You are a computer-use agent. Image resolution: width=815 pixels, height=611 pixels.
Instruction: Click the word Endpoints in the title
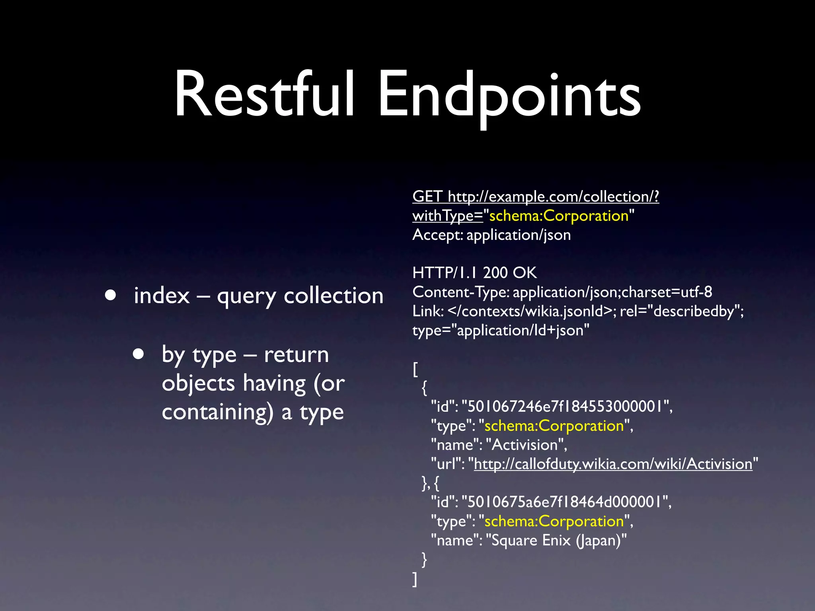coord(509,95)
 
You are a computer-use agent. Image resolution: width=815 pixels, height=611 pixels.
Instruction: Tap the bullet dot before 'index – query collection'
coord(110,295)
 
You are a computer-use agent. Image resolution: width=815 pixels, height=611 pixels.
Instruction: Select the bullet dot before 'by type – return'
coord(138,354)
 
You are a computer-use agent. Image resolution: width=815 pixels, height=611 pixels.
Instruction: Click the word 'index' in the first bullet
coord(162,296)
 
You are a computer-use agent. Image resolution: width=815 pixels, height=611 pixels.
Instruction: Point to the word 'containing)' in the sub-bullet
coord(218,412)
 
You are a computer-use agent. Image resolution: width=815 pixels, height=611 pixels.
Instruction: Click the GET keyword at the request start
coord(427,197)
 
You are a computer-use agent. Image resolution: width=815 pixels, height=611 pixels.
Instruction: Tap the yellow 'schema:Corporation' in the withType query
coord(559,216)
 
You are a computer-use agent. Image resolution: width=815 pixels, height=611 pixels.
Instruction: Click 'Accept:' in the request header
coord(437,235)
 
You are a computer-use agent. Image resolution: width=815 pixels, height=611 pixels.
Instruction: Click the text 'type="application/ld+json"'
coord(501,330)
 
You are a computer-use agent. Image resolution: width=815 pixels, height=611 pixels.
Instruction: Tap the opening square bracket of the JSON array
coord(415,369)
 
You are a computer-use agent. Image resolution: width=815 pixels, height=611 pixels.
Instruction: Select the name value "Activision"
coord(525,445)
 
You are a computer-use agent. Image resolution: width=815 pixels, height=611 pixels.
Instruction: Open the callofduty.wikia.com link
coord(613,464)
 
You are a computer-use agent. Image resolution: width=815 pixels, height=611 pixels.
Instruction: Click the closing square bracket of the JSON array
coord(415,579)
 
